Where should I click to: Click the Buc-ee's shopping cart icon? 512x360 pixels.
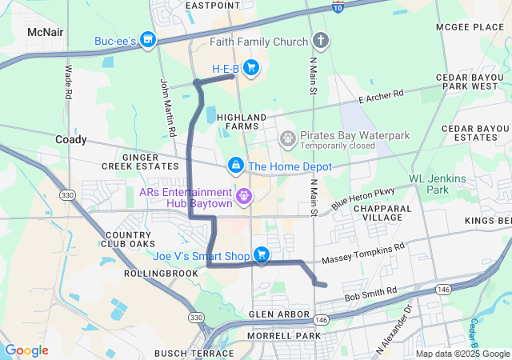pos(147,39)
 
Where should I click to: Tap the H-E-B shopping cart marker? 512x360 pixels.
pos(251,68)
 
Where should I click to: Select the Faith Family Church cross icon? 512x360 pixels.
pos(320,40)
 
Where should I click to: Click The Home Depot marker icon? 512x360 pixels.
pos(236,166)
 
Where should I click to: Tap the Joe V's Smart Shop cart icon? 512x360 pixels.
pos(261,255)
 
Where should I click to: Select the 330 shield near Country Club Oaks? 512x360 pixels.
pos(68,195)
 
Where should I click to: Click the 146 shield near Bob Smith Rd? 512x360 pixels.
pos(443,289)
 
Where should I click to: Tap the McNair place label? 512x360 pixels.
pos(46,31)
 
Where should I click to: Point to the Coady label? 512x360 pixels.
pos(70,139)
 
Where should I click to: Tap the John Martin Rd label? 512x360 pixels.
pos(168,106)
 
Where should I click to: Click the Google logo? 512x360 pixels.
pos(26,350)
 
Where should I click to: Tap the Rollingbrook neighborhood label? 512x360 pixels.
pos(161,273)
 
